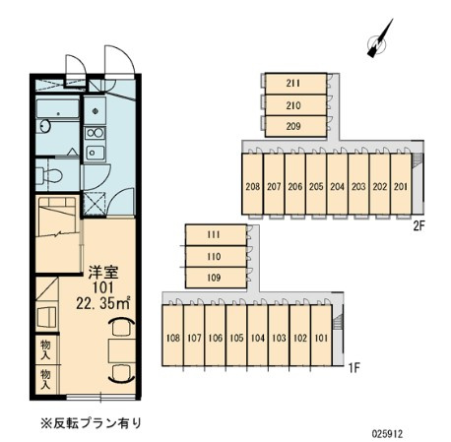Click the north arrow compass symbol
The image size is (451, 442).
click(x=379, y=41)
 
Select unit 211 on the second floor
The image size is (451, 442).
click(x=295, y=84)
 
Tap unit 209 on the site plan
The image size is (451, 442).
click(x=295, y=126)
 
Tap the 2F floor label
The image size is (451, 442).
click(x=419, y=226)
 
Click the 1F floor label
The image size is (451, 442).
click(x=354, y=368)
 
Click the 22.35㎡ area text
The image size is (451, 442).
click(x=103, y=303)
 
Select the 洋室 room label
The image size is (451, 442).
click(x=103, y=272)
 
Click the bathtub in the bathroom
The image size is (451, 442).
click(x=58, y=108)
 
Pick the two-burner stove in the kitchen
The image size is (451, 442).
click(x=95, y=133)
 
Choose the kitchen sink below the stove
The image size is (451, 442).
click(x=95, y=153)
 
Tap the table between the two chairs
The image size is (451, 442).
click(x=122, y=350)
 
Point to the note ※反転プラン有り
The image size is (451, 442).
click(x=92, y=423)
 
